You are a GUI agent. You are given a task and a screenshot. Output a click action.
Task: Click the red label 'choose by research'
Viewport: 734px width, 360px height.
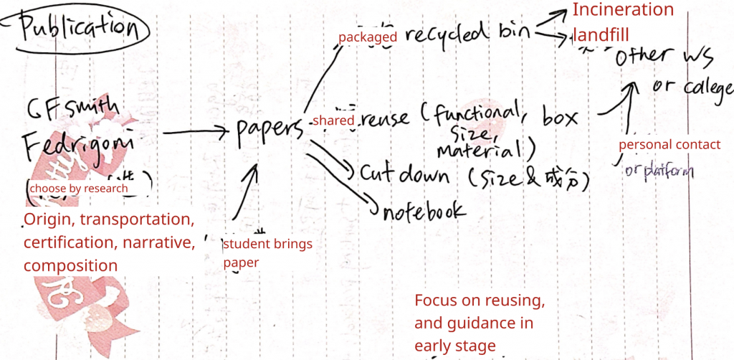(x=79, y=189)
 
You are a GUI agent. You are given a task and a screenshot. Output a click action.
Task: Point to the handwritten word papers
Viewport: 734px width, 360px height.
(x=270, y=130)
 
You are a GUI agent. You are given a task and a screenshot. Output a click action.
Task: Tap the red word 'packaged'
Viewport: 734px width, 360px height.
(x=367, y=37)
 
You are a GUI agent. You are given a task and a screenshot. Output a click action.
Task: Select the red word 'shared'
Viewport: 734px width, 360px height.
(x=333, y=121)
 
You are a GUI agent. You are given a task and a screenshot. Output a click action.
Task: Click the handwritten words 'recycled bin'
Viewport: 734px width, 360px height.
(x=466, y=34)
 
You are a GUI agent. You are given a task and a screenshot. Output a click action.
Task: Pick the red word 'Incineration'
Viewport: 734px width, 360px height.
(x=623, y=10)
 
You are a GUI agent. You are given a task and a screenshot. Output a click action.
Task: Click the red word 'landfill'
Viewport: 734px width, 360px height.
(x=601, y=34)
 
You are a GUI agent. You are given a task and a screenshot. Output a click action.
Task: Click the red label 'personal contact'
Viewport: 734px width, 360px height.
(x=669, y=145)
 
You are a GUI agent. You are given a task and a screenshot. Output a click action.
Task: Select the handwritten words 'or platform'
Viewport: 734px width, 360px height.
(x=658, y=172)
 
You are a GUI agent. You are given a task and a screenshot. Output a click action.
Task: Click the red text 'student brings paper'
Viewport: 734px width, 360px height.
(x=267, y=253)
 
